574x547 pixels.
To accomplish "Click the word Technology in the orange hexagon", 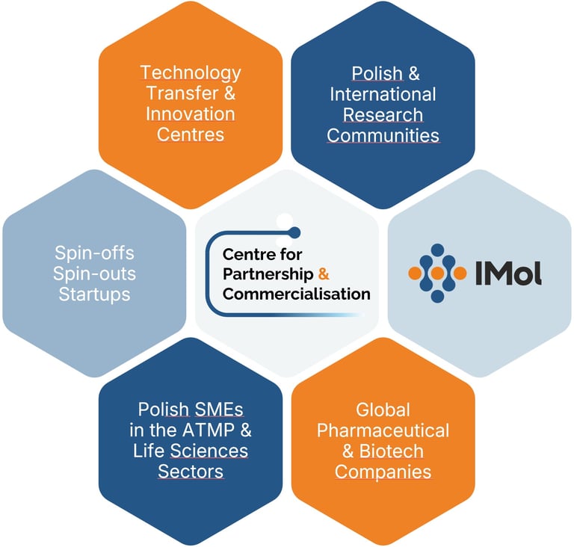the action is [x=191, y=73].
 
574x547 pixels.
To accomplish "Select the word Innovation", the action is [x=191, y=114].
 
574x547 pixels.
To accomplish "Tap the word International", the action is [x=383, y=94].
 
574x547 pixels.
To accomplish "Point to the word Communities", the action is [x=383, y=135].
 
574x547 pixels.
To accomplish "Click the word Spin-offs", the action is [x=94, y=253].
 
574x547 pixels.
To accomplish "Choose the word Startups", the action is [x=94, y=294].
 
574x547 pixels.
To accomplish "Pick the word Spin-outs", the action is [x=94, y=273].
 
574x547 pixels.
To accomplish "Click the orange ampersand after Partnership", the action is [x=324, y=273].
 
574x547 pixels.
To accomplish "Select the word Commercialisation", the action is [x=297, y=294].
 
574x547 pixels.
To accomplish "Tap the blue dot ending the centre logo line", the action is [x=294, y=232].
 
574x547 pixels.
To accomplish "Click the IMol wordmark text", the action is [x=508, y=273].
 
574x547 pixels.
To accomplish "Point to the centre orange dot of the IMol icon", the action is [x=437, y=273].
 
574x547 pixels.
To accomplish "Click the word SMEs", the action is [x=219, y=410].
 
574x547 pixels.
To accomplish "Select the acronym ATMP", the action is [x=209, y=430].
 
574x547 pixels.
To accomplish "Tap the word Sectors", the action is [x=191, y=472].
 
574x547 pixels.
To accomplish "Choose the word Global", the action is [x=383, y=410].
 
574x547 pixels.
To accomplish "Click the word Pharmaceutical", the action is [x=383, y=430].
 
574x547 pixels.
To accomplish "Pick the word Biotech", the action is [x=392, y=451].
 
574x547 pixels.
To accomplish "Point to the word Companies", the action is [x=383, y=472].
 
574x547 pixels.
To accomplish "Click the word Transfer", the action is [x=182, y=93].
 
